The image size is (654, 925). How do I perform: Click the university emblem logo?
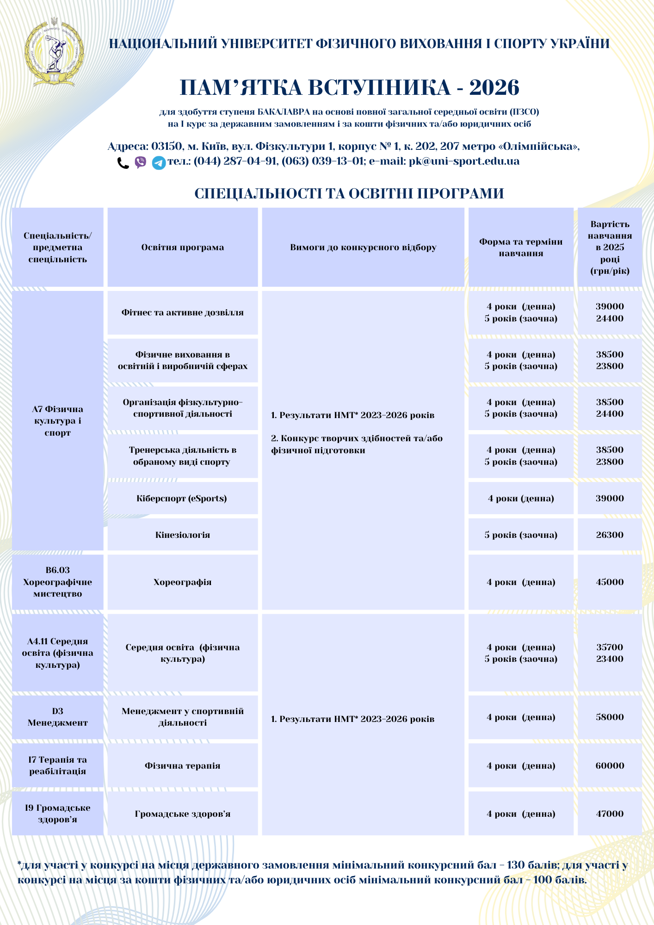[x=54, y=52]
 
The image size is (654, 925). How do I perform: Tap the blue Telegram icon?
[x=159, y=163]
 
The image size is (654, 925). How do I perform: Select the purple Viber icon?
[x=141, y=162]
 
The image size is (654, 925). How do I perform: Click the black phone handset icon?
[x=123, y=163]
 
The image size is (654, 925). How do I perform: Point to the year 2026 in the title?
[x=494, y=87]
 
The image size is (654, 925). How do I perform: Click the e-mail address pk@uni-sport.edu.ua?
[x=464, y=161]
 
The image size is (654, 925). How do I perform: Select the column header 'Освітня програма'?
[x=182, y=247]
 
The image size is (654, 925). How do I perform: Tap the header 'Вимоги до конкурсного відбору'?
[x=363, y=247]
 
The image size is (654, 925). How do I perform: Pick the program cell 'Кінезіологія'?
[x=182, y=535]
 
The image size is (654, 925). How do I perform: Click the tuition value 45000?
[x=610, y=582]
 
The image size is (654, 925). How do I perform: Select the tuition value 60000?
[x=610, y=766]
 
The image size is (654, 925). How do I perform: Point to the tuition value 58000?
[x=610, y=717]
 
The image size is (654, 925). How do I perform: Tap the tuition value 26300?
[x=610, y=535]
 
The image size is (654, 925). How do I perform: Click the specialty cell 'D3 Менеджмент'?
[x=57, y=717]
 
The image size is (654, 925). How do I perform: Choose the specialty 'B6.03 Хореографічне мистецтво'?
[x=57, y=582]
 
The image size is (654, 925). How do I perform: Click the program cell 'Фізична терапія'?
[x=182, y=766]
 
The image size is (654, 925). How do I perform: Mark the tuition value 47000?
[x=610, y=814]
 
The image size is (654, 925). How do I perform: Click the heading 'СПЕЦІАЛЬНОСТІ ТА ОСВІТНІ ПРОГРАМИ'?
[x=349, y=193]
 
